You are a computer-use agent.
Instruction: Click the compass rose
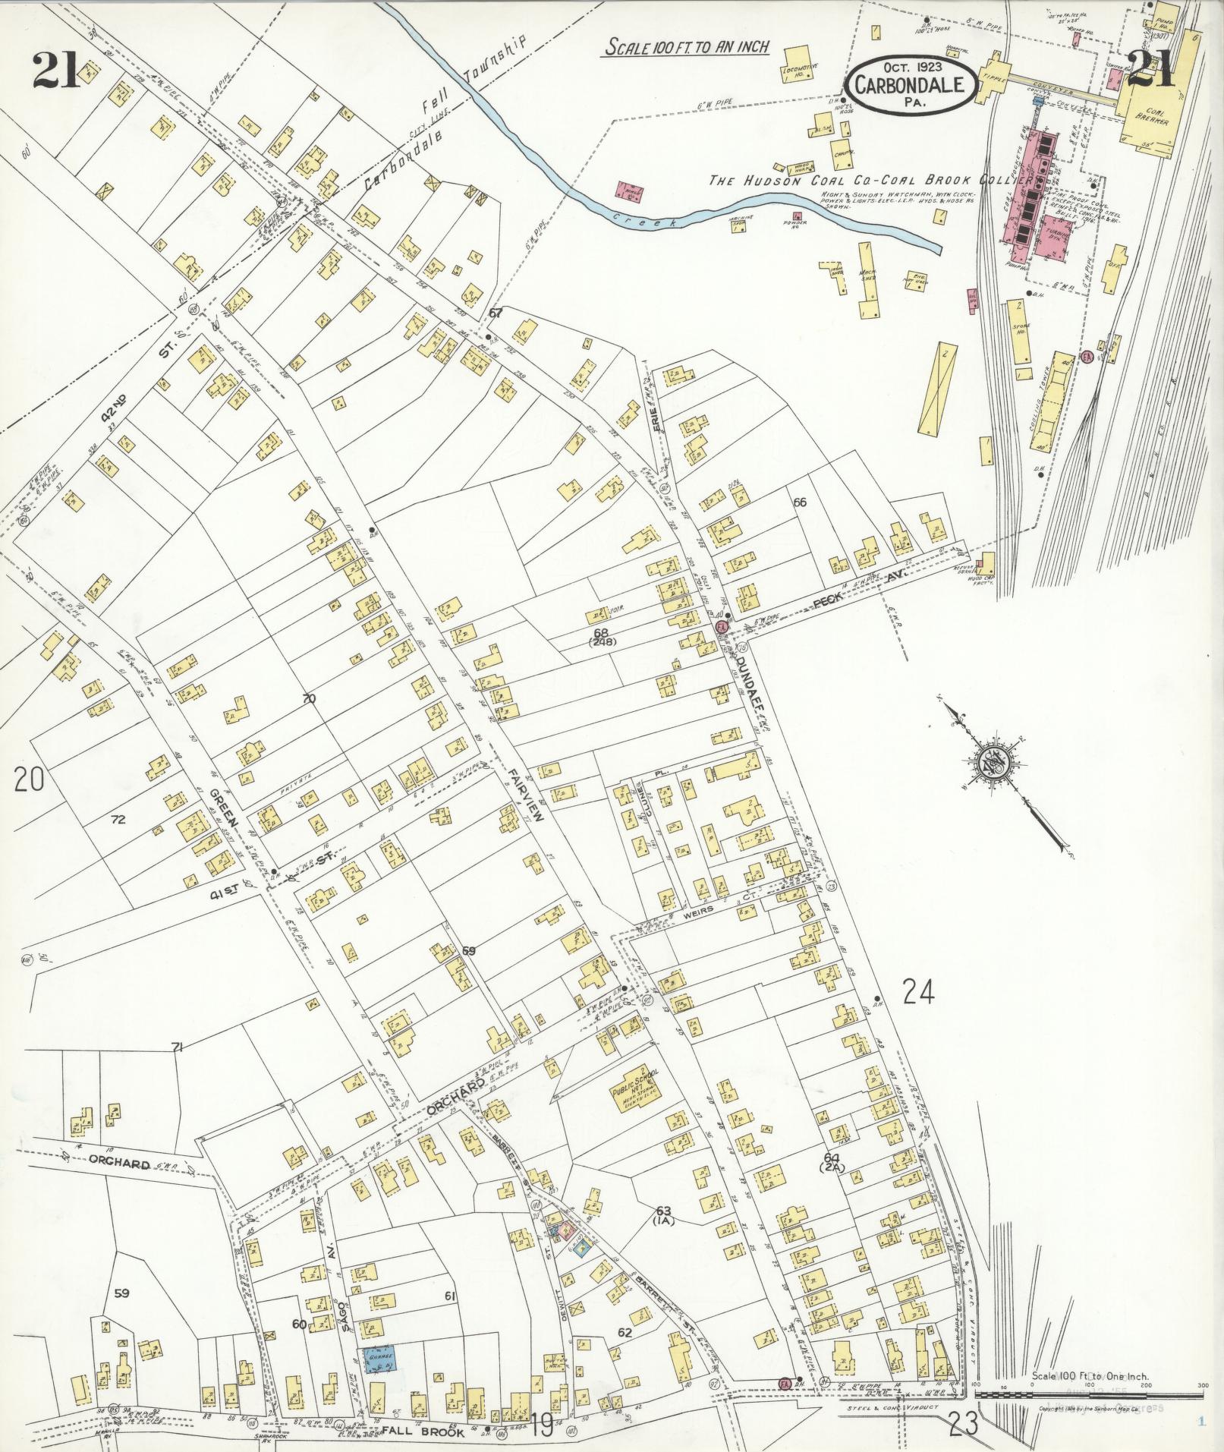pyautogui.click(x=991, y=761)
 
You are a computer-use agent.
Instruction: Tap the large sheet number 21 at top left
pyautogui.click(x=55, y=72)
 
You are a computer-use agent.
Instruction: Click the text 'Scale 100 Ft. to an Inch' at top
pyautogui.click(x=687, y=47)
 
